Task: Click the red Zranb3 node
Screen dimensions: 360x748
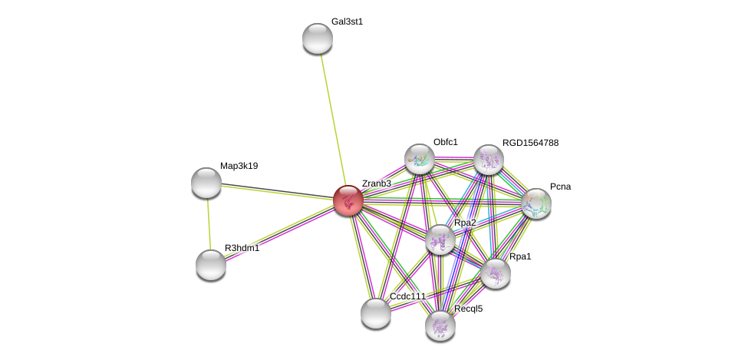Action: point(348,200)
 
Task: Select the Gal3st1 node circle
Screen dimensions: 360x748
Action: point(317,38)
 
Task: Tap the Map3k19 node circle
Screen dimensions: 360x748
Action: point(206,182)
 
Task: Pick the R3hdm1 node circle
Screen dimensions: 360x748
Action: point(210,265)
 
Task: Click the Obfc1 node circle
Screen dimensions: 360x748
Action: point(420,159)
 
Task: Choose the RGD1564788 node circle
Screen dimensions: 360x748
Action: point(488,160)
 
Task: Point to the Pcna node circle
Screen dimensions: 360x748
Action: point(535,203)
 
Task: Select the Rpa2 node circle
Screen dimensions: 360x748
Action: point(440,240)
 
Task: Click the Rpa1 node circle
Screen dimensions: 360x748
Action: point(496,273)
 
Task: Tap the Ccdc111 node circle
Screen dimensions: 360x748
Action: point(375,312)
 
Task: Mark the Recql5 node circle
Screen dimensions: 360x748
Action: point(440,325)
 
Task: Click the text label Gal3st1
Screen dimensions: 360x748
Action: point(347,21)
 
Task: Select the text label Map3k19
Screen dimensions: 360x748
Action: point(239,166)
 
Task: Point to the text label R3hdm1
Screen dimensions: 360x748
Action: point(242,248)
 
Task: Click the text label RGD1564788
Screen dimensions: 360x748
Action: point(530,143)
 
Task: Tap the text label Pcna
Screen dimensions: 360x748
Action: point(560,187)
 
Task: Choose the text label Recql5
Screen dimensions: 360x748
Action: point(468,309)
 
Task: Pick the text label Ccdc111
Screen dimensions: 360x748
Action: point(407,296)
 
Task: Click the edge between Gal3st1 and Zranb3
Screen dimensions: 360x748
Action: point(331,115)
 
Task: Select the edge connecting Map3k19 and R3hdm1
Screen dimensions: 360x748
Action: point(208,223)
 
